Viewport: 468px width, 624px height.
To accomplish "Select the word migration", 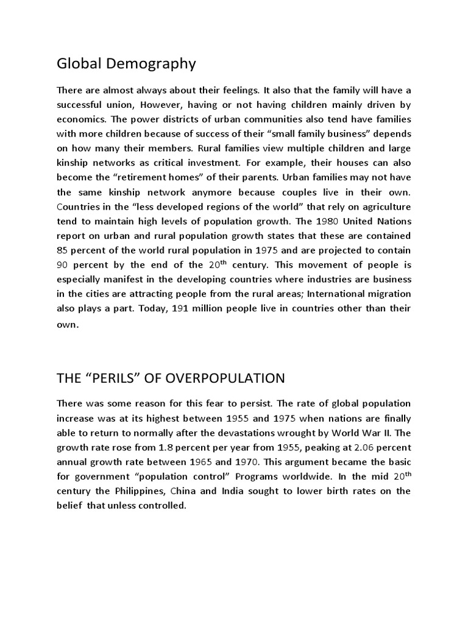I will [388, 294].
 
